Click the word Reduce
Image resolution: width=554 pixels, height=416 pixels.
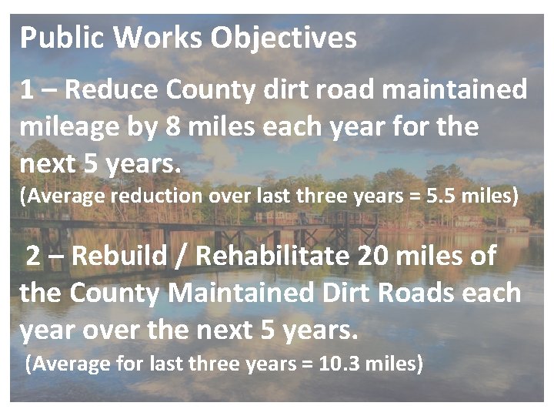112,89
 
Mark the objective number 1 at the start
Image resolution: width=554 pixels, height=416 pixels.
28,90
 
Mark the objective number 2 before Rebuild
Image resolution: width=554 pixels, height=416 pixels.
34,257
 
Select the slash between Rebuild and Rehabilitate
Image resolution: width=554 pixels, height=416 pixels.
182,257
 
